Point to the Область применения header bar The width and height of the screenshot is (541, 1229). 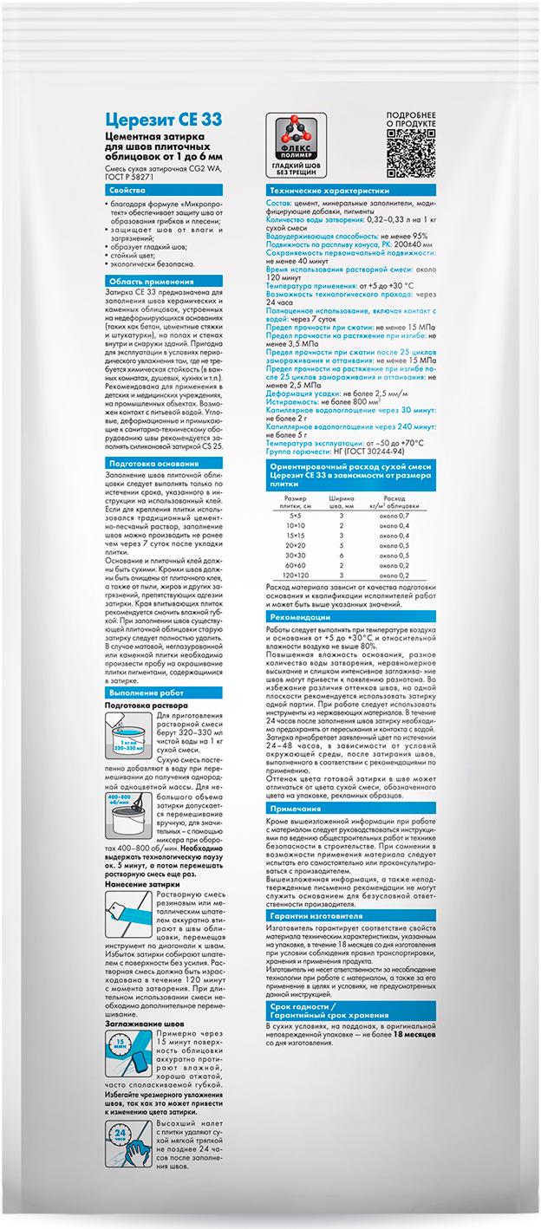[x=139, y=283]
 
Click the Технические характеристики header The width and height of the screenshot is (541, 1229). [x=329, y=189]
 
